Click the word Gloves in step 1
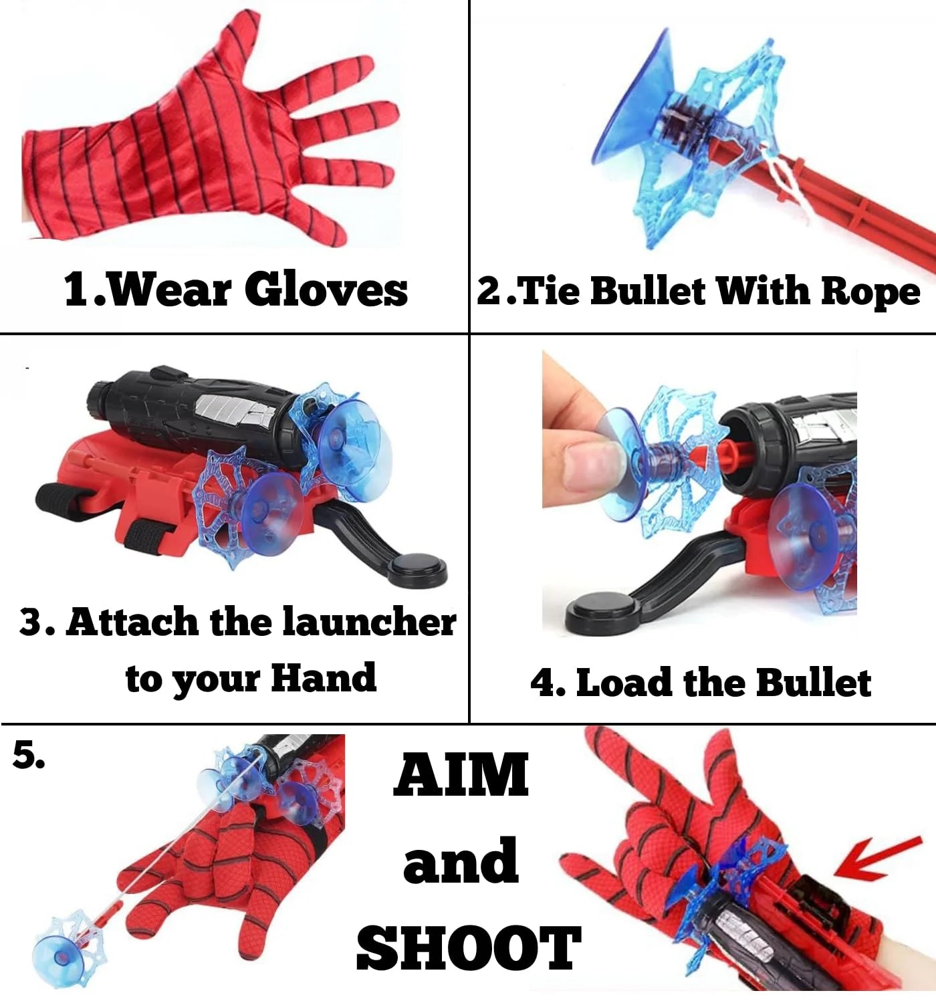pyautogui.click(x=326, y=290)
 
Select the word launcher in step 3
pyautogui.click(x=369, y=622)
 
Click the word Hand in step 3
pyautogui.click(x=324, y=678)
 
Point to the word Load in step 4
pyautogui.click(x=624, y=683)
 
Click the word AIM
pyautogui.click(x=461, y=775)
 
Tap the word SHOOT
pyautogui.click(x=468, y=948)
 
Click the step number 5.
pyautogui.click(x=29, y=756)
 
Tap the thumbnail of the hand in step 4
pyautogui.click(x=588, y=471)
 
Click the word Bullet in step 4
pyautogui.click(x=813, y=683)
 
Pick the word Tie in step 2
pyautogui.click(x=548, y=292)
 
